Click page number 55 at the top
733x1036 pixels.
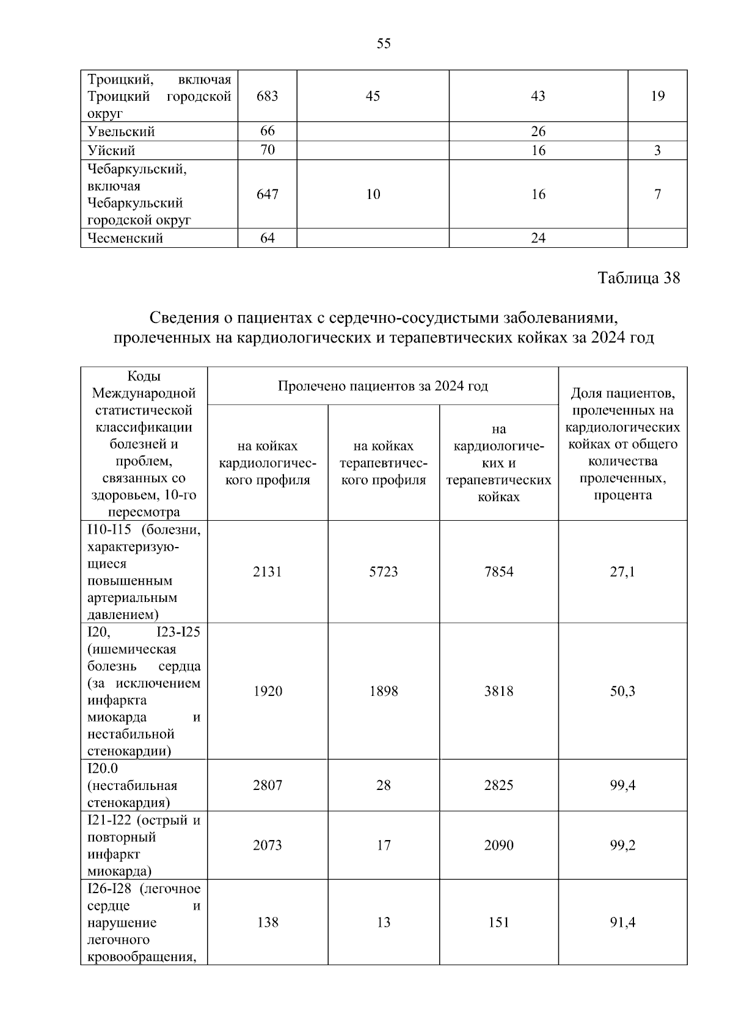pos(384,44)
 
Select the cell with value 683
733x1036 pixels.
pos(268,96)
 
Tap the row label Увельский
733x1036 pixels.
pos(121,131)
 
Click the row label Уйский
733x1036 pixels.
pos(111,150)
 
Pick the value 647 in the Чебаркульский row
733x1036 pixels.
pos(268,194)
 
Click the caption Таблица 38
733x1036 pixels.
pos(638,278)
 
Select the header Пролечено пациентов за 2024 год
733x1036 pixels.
pos(382,386)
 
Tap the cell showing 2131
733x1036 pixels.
pos(268,571)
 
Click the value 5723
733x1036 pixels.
pos(384,571)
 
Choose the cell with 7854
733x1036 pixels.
pos(499,571)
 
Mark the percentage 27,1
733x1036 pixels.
pos(622,571)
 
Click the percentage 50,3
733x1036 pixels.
pos(622,691)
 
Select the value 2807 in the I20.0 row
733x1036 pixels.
pos(268,785)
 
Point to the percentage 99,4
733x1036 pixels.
pos(622,785)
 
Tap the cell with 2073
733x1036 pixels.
pos(268,845)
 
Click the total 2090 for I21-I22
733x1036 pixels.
pos(499,845)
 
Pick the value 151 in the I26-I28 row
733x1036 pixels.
pos(499,922)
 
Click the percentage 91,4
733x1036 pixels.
pos(622,922)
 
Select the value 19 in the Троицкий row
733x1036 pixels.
pos(657,96)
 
